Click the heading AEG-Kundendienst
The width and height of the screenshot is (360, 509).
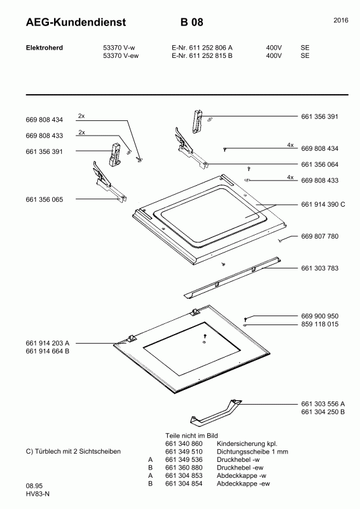click(x=76, y=22)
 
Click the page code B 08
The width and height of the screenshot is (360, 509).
click(x=192, y=22)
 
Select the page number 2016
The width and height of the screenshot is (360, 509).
click(x=341, y=20)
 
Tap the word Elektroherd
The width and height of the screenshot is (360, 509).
click(x=45, y=48)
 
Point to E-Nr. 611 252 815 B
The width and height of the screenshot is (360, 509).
click(x=202, y=55)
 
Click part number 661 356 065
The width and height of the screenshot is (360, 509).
click(x=45, y=200)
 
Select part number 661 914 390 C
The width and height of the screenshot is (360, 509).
click(x=323, y=204)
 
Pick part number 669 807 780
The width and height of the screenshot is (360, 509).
click(x=320, y=236)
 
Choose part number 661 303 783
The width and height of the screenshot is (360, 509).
click(x=320, y=268)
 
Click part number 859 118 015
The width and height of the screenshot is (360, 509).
click(x=320, y=324)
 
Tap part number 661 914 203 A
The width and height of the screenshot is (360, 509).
click(x=48, y=343)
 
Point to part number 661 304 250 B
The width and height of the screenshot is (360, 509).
click(x=323, y=412)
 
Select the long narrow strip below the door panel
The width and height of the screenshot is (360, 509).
click(x=232, y=277)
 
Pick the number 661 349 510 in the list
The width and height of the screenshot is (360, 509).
click(x=184, y=452)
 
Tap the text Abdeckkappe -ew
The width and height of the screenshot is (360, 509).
click(x=243, y=484)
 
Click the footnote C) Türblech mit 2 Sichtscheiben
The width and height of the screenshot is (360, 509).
click(x=73, y=451)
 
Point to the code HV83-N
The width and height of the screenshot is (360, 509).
click(x=38, y=494)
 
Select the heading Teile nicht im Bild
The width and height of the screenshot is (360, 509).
click(x=191, y=436)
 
